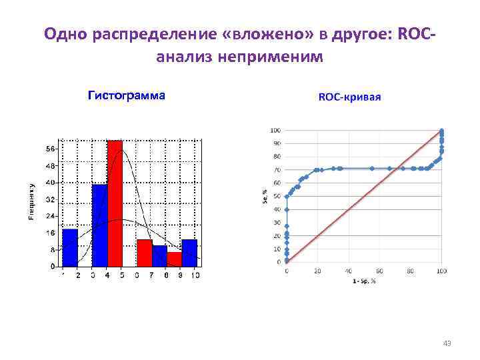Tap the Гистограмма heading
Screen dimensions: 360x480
(127, 95)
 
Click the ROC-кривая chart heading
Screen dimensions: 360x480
(350, 97)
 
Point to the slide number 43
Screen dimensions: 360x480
(447, 343)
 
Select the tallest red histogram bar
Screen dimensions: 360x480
(115, 203)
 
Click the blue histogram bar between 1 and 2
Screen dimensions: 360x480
(70, 247)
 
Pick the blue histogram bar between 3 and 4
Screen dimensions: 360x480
(99, 225)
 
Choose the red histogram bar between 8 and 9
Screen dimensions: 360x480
(174, 259)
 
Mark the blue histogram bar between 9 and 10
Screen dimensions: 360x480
(189, 253)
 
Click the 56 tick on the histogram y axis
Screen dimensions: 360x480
(51, 148)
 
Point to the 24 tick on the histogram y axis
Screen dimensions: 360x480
(51, 216)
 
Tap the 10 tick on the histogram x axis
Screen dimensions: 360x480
(195, 275)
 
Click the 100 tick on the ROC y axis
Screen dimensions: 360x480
(275, 130)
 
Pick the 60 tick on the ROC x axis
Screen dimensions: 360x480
(379, 271)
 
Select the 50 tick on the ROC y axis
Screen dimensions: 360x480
(276, 196)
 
